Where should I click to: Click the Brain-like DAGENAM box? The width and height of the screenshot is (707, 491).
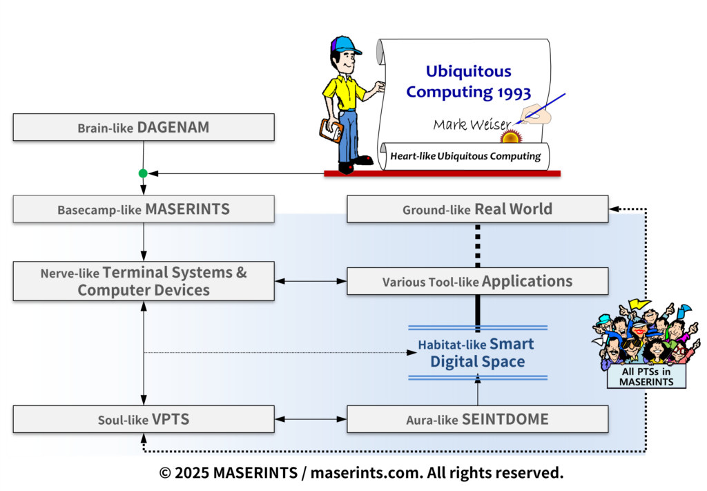pyautogui.click(x=144, y=128)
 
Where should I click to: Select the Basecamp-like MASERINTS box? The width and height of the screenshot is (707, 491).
pyautogui.click(x=144, y=209)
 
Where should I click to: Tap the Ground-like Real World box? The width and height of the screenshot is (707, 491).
pyautogui.click(x=477, y=209)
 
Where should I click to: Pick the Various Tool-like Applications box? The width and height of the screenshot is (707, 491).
pyautogui.click(x=477, y=282)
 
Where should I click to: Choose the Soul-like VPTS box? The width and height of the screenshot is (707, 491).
pyautogui.click(x=144, y=419)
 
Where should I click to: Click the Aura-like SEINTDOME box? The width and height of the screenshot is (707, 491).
pyautogui.click(x=477, y=419)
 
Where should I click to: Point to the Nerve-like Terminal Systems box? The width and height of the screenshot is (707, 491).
pyautogui.click(x=144, y=281)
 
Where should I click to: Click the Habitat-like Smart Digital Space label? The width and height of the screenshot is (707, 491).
pyautogui.click(x=476, y=353)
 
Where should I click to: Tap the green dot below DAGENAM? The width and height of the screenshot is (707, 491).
pyautogui.click(x=143, y=173)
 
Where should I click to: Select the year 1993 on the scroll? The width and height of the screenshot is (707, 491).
pyautogui.click(x=511, y=91)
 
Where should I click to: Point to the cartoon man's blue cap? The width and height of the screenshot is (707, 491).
pyautogui.click(x=345, y=45)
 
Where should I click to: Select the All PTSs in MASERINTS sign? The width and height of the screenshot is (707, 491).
pyautogui.click(x=646, y=377)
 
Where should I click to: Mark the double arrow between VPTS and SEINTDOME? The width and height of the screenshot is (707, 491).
pyautogui.click(x=310, y=419)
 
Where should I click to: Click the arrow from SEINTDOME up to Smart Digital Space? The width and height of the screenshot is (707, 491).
pyautogui.click(x=477, y=391)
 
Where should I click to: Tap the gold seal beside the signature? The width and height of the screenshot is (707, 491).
pyautogui.click(x=511, y=137)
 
